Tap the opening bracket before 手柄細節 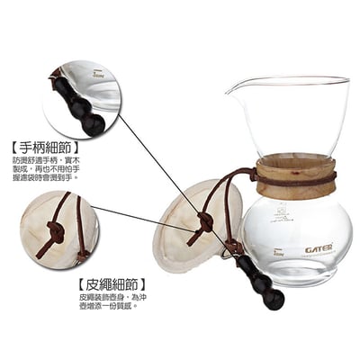coord(11,148)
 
